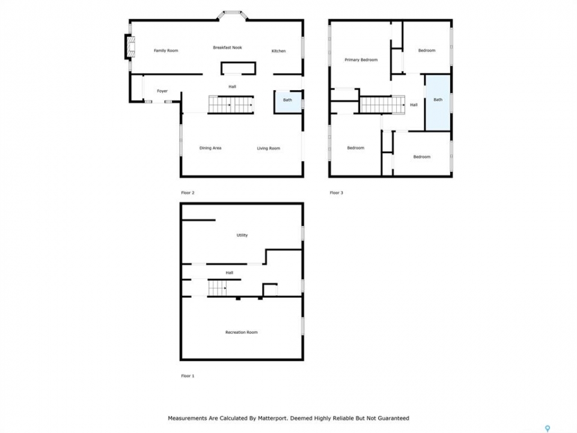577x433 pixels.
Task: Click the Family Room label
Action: point(166,51)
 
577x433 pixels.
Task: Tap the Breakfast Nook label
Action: point(227,48)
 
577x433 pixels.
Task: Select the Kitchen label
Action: point(278,51)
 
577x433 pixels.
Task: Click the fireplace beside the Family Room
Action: point(130,47)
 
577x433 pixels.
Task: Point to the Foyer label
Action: point(162,91)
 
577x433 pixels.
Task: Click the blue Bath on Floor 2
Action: point(288,102)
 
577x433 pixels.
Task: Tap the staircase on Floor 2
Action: point(231,105)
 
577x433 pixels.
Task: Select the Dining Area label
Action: point(210,148)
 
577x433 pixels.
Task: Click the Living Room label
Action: point(269,149)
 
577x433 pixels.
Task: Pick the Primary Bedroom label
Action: point(361,60)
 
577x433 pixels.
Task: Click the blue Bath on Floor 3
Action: point(438,103)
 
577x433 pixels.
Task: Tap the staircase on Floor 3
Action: point(382,105)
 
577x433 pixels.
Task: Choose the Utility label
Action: point(242,235)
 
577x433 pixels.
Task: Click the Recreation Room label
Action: point(242,332)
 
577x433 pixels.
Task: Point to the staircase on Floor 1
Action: point(217,288)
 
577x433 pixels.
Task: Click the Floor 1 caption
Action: point(188,376)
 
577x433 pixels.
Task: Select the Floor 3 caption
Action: point(337,192)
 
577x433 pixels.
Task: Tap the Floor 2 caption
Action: point(188,192)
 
